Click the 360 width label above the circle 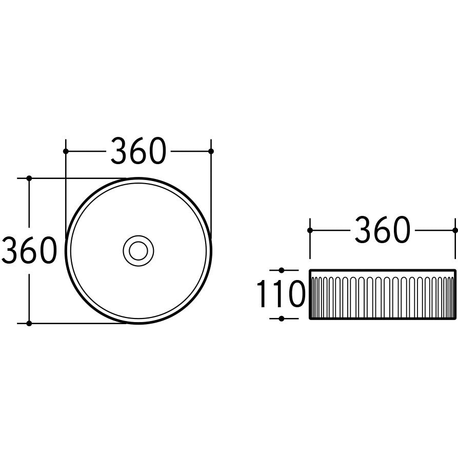138,151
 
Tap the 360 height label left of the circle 29,250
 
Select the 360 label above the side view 382,230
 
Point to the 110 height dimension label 281,294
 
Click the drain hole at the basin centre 138,251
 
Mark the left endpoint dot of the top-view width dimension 66,151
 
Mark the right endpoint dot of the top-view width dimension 211,151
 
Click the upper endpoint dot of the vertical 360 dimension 29,178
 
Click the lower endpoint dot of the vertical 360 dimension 29,323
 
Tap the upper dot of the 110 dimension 282,270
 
